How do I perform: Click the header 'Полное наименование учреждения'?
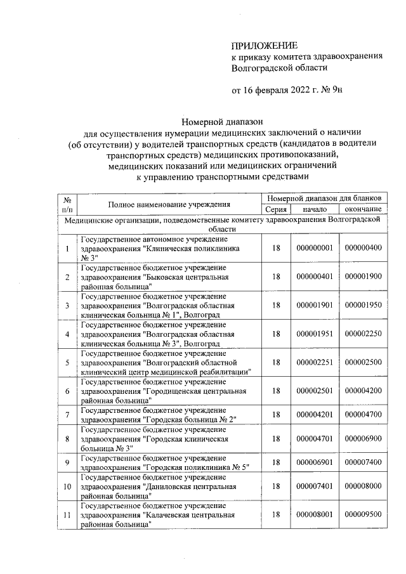(x=168, y=204)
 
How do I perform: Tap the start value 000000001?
(x=315, y=247)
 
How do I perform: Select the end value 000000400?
(x=363, y=247)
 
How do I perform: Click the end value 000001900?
(x=363, y=277)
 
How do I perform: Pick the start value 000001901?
(x=315, y=305)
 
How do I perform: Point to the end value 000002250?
(x=363, y=334)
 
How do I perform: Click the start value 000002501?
(x=315, y=391)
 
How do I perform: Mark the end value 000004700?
(x=363, y=415)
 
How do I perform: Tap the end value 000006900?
(x=363, y=438)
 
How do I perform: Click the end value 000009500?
(x=363, y=515)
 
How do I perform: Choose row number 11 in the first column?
(x=67, y=515)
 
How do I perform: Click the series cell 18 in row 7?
(x=275, y=415)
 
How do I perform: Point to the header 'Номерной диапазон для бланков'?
(x=324, y=199)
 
